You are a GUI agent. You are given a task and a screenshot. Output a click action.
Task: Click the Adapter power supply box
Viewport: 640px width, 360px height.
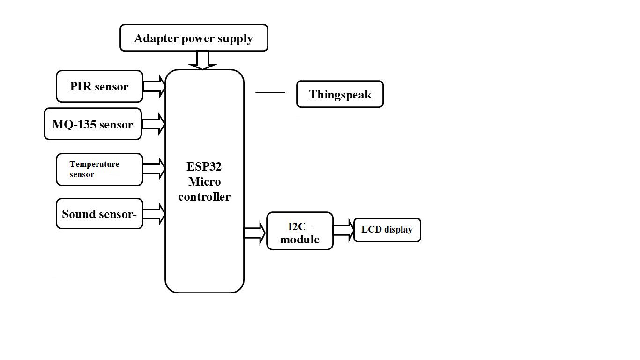(194, 38)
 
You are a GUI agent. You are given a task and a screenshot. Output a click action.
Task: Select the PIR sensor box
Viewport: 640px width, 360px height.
(99, 86)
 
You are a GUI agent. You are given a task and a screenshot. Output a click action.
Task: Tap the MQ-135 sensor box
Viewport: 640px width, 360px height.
(93, 124)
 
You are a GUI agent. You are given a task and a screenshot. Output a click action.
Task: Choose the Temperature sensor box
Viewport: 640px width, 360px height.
(99, 169)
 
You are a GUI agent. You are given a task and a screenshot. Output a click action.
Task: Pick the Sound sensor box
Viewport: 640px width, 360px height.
(99, 214)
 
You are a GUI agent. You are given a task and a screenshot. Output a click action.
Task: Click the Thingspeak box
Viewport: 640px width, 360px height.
(340, 94)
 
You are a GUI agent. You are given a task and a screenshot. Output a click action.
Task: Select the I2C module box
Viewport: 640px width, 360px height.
(300, 231)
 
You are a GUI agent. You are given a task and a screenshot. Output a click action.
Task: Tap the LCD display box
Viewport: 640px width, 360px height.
(387, 230)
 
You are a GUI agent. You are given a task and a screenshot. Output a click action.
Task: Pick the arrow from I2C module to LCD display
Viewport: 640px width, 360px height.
(343, 231)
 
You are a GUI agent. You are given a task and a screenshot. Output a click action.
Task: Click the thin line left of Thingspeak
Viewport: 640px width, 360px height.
(270, 93)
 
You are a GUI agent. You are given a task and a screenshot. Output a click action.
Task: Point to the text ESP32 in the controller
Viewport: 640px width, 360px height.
(204, 167)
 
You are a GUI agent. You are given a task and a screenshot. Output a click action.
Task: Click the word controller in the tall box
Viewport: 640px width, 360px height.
(204, 197)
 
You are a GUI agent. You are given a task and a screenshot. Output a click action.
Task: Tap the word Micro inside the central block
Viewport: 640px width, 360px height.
(204, 182)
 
